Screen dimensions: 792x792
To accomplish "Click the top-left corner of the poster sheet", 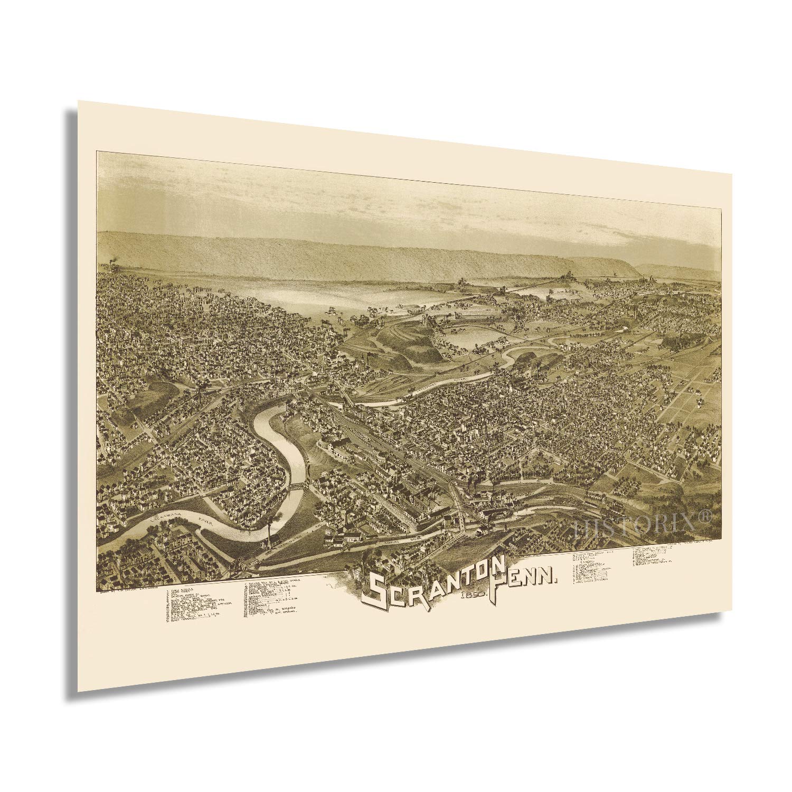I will pos(78,100).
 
